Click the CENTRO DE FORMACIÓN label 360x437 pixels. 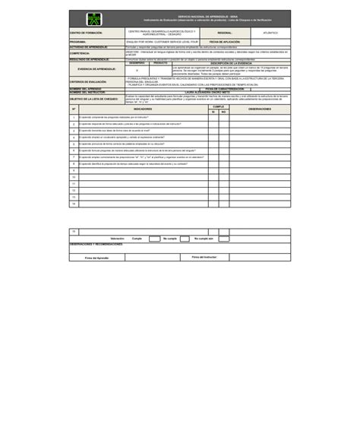click(x=86, y=33)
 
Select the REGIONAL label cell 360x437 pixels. click(x=225, y=33)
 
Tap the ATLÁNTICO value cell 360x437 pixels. click(x=270, y=33)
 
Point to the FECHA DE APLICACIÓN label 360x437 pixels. click(x=225, y=42)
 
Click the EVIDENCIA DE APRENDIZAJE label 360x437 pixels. click(x=96, y=69)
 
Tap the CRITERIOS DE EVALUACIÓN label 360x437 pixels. click(x=88, y=81)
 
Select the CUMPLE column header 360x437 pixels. click(x=218, y=107)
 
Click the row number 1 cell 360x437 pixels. click(x=74, y=118)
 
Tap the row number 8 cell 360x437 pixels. click(x=74, y=163)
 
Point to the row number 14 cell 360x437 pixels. click(x=74, y=204)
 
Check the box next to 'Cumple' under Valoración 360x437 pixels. click(x=150, y=239)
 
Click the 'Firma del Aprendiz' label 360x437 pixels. click(x=96, y=258)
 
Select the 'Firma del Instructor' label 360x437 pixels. click(x=204, y=258)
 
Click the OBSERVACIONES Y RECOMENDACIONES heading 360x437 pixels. click(x=96, y=245)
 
